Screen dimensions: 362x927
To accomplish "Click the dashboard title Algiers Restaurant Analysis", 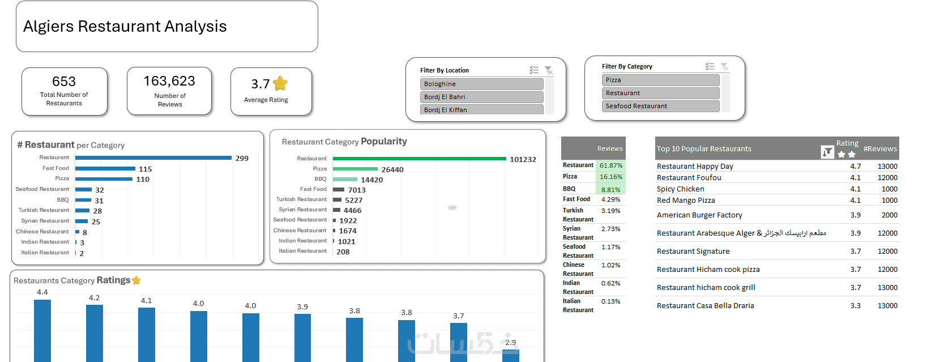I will click(x=125, y=27).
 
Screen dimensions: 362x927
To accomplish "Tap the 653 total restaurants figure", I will click(x=64, y=82).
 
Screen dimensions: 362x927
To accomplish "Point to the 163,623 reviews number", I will click(x=169, y=81).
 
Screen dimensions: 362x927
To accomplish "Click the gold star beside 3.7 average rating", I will click(x=280, y=84).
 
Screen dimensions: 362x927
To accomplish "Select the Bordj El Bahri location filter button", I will click(x=481, y=97).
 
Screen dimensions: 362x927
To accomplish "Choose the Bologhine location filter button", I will click(x=481, y=84).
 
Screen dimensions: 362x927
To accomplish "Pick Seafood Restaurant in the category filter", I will click(x=660, y=106).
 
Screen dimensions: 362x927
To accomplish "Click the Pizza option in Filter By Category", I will click(x=660, y=80).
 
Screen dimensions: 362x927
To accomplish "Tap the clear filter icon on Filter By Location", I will click(x=548, y=70).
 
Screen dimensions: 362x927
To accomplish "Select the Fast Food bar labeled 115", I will click(x=105, y=168).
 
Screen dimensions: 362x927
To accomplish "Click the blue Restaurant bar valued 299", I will click(x=153, y=157).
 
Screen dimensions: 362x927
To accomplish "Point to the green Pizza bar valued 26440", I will click(x=355, y=169).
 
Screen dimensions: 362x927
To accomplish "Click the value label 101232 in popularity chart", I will click(x=523, y=160).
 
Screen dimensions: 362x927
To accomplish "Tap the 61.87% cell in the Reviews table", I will click(x=611, y=165).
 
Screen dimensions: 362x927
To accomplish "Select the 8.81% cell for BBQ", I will click(x=611, y=190).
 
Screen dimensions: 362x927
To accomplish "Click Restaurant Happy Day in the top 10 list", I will click(x=695, y=167).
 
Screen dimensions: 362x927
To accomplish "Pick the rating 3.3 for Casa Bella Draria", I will click(x=855, y=306).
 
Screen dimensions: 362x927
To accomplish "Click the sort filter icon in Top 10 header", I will click(x=827, y=152).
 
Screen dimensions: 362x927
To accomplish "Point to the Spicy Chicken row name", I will click(x=681, y=189).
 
